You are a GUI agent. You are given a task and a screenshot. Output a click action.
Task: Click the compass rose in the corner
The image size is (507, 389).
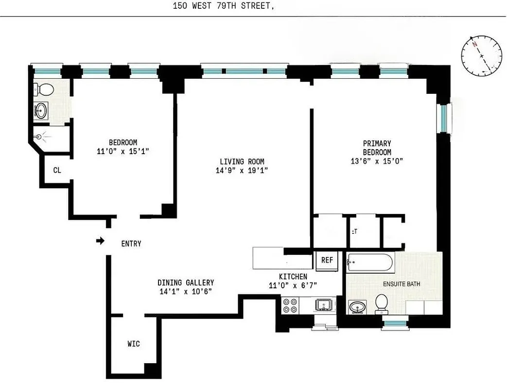(481, 55)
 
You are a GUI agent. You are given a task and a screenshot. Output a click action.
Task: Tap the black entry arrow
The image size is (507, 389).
(100, 241)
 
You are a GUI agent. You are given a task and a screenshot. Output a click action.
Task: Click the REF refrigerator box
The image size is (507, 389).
(327, 260)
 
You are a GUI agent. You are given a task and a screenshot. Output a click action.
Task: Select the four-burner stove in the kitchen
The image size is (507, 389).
(290, 305)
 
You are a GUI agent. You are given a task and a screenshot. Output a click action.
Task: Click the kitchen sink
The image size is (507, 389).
(323, 305)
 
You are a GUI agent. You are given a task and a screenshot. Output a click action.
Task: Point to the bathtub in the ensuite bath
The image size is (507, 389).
(370, 263)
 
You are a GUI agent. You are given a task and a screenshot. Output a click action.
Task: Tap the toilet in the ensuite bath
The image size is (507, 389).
(382, 303)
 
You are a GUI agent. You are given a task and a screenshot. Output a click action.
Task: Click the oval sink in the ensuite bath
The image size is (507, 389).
(359, 307)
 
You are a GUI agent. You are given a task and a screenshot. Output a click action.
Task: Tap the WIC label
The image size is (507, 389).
(134, 344)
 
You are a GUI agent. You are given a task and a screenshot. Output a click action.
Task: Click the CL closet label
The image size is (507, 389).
(57, 170)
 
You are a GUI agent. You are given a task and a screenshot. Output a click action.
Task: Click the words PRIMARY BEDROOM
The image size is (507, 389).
(377, 147)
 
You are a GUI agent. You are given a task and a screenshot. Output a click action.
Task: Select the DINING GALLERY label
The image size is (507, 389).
(185, 283)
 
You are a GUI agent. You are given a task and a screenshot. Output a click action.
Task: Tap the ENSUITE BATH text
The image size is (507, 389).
(402, 284)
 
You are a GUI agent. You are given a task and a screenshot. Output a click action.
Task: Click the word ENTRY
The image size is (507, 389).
(131, 244)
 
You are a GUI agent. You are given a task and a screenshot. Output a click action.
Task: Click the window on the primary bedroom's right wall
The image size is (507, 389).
(444, 118)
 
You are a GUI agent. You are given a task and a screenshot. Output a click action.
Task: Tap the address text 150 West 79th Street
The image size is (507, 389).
(220, 6)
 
